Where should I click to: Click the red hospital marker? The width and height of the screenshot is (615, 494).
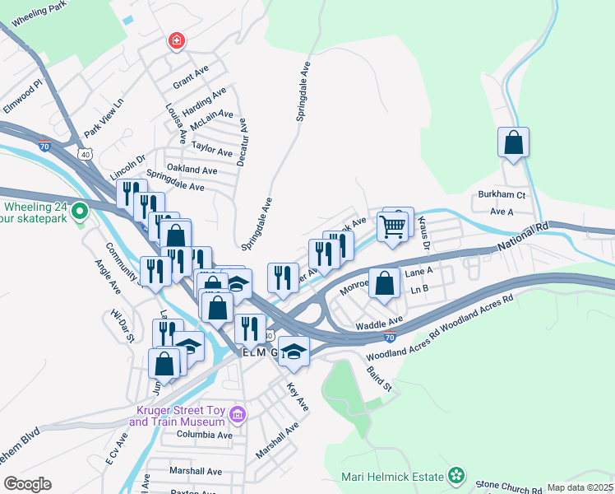(x=175, y=40)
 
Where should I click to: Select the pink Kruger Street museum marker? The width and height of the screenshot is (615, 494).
(x=238, y=412)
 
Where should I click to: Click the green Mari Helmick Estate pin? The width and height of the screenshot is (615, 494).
(x=455, y=475)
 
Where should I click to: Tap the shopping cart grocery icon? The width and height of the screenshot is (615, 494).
(x=393, y=225)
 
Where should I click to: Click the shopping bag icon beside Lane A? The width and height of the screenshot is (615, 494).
(x=384, y=284)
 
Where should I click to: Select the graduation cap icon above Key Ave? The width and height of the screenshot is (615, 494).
(x=294, y=352)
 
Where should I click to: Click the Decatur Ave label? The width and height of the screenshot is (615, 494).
(x=242, y=142)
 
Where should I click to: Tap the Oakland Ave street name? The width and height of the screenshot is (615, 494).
(x=192, y=170)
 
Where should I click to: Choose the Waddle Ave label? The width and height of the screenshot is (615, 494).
(x=378, y=322)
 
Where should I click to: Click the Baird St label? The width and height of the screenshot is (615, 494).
(x=379, y=379)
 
